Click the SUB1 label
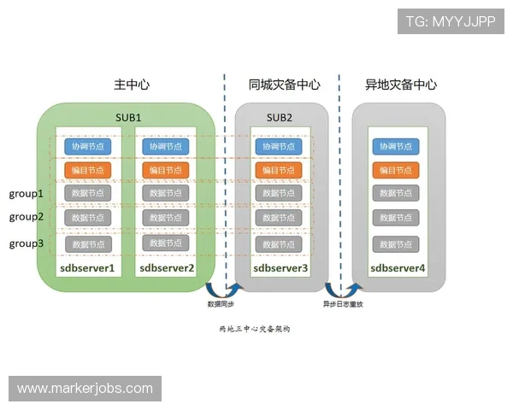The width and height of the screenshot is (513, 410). [128, 116]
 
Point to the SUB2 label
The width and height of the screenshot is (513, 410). [280, 117]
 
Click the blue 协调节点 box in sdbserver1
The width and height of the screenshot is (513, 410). [88, 147]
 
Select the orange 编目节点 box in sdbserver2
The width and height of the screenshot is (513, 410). [166, 170]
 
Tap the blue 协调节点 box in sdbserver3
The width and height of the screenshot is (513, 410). [279, 147]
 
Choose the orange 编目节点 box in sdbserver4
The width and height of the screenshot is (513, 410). [396, 170]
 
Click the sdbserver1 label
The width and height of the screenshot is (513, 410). [87, 268]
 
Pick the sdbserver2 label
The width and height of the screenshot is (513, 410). [167, 268]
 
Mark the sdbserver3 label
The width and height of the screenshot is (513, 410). [280, 268]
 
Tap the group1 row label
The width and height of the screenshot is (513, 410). [27, 194]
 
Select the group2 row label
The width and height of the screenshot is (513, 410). [27, 217]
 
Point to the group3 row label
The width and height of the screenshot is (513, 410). [27, 243]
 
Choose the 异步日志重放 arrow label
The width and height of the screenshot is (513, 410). [342, 304]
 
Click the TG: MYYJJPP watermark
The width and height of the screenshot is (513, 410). [450, 20]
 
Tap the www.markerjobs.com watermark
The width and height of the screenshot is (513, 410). [85, 389]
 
